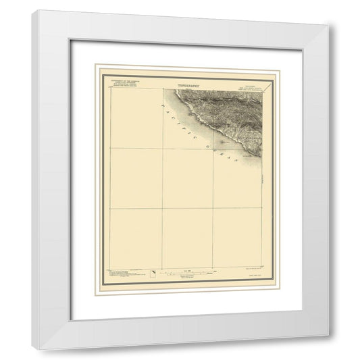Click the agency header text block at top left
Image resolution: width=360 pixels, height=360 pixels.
coord(122,85)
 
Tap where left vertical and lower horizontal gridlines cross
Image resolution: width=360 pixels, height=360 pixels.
coord(162,208)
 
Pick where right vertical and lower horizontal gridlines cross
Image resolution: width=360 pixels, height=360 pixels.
coord(213,208)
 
